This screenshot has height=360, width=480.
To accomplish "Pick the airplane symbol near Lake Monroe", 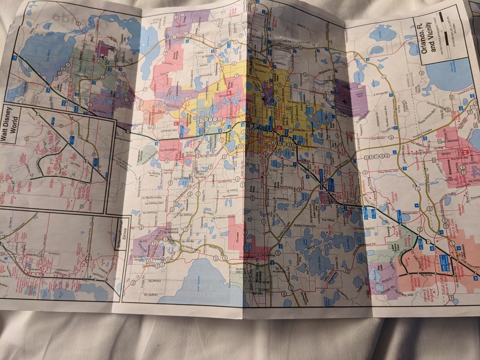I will (x=103, y=57).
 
